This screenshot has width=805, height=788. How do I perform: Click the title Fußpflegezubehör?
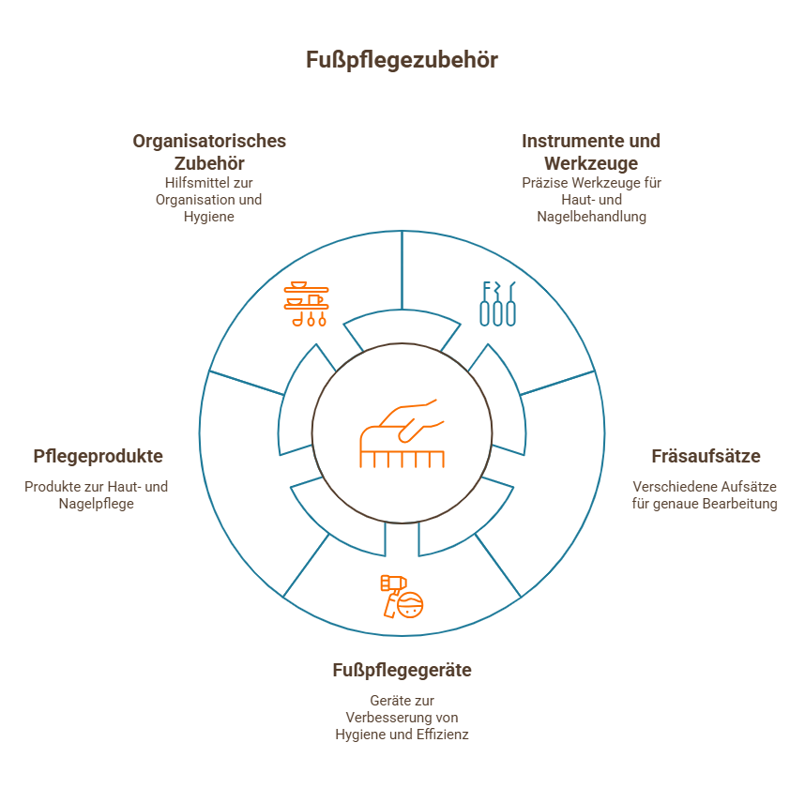coord(402,60)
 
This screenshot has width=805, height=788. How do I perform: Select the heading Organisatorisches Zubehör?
coord(208,152)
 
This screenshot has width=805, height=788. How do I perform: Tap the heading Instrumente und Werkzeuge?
coord(591,152)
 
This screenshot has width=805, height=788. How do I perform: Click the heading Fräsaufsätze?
coord(706,457)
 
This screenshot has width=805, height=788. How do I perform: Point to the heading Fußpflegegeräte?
coord(402,671)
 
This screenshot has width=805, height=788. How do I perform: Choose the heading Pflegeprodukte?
coord(98,457)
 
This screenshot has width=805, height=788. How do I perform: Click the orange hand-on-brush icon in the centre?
coord(402,434)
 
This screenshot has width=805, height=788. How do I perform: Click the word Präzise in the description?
coord(545,183)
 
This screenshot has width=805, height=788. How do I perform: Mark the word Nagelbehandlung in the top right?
coord(591,217)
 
